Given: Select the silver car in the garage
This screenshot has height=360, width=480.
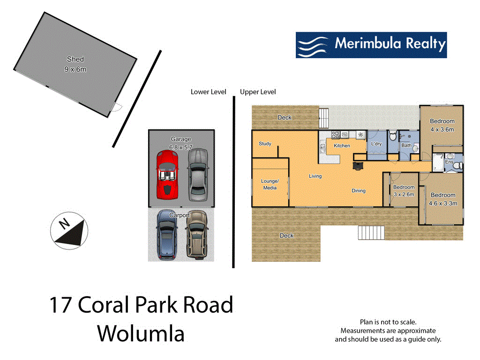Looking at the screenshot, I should (x=197, y=173).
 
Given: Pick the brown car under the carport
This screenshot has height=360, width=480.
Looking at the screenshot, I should (x=196, y=234).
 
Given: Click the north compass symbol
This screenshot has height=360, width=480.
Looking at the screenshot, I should (x=69, y=231).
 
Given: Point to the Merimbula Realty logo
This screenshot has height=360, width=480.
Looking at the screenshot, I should (x=371, y=45).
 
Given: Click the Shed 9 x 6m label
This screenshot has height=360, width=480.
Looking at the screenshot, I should (x=75, y=64).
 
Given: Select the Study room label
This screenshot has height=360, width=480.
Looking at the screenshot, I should (x=265, y=143).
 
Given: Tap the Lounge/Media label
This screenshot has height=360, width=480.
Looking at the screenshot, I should (x=270, y=184).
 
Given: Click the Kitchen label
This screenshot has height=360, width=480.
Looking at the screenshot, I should (x=342, y=146).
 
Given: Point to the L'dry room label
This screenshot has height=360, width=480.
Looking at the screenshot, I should (x=376, y=143).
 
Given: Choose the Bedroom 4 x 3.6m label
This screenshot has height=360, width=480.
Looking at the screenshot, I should (x=442, y=125).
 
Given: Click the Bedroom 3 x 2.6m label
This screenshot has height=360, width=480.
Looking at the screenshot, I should (x=404, y=190).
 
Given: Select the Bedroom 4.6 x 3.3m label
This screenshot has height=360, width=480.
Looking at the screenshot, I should (x=442, y=199).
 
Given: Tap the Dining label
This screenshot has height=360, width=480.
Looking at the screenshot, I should (x=359, y=191).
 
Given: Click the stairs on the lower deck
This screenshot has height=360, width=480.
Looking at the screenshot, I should (x=371, y=232).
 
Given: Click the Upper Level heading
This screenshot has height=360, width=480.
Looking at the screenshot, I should (x=258, y=92).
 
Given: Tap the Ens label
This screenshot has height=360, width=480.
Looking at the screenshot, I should (x=449, y=162).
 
